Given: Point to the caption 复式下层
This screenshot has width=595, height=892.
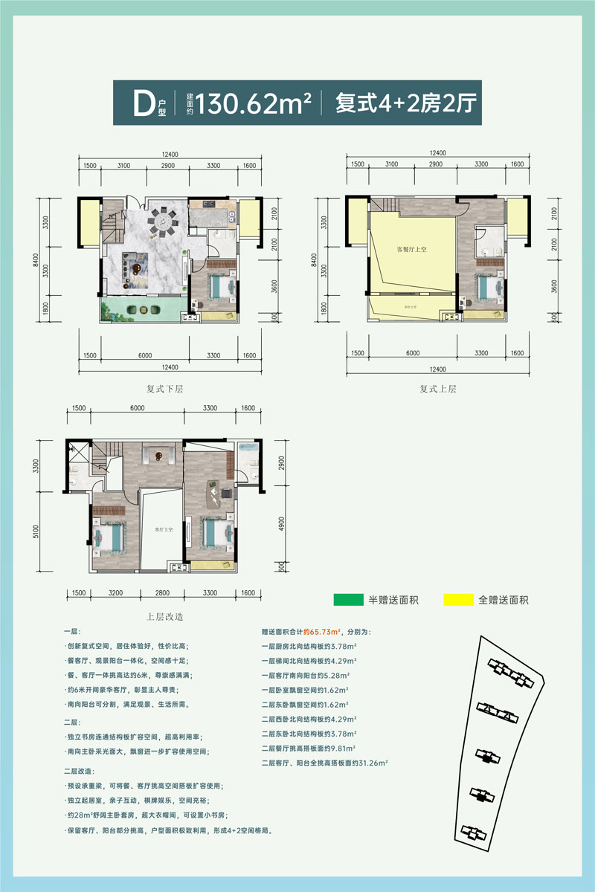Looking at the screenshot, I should click(x=165, y=389).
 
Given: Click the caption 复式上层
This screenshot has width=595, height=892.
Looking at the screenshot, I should click(x=437, y=389).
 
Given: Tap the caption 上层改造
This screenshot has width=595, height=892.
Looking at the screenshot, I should click(x=165, y=616).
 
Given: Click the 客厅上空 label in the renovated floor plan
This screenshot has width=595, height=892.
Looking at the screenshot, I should click(x=163, y=529).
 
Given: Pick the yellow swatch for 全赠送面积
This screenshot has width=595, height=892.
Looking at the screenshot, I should click(x=461, y=599).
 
